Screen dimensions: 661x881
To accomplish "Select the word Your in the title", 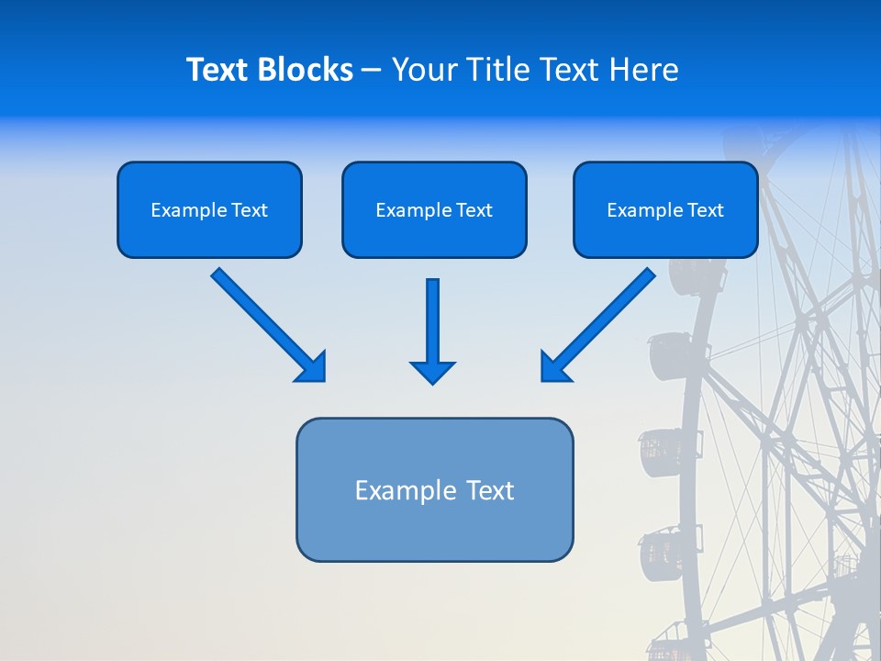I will click(x=426, y=70).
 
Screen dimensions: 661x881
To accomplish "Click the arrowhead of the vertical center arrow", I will click(x=433, y=371).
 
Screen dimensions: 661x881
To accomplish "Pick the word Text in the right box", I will click(x=705, y=210).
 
